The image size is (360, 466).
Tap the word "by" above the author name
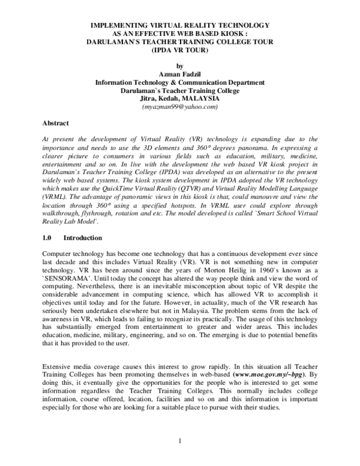[179, 67]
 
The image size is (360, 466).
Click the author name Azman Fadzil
[179, 75]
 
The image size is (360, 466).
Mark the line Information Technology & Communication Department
[179, 83]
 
